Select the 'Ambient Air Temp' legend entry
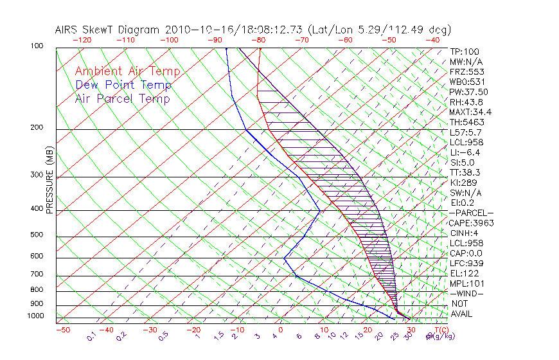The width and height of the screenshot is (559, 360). [127, 71]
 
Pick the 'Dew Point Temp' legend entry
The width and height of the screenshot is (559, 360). [123, 85]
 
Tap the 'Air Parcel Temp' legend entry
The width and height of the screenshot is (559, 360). [122, 98]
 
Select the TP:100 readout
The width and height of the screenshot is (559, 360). [464, 51]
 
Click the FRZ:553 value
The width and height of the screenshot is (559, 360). [466, 72]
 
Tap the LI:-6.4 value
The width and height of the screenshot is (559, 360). [465, 152]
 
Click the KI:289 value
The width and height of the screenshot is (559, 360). [463, 183]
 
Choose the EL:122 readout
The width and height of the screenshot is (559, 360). [464, 273]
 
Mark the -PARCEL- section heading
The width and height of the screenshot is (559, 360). [472, 213]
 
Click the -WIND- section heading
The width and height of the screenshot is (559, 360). [467, 293]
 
